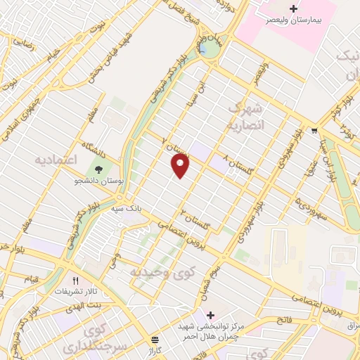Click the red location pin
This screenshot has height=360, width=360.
coord(181,166)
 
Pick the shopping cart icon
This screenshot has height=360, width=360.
coord(314,129)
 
